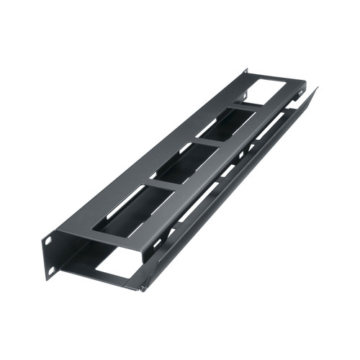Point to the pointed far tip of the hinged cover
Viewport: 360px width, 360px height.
pyautogui.click(x=316, y=89)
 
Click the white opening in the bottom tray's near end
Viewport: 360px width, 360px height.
pyautogui.click(x=115, y=266)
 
